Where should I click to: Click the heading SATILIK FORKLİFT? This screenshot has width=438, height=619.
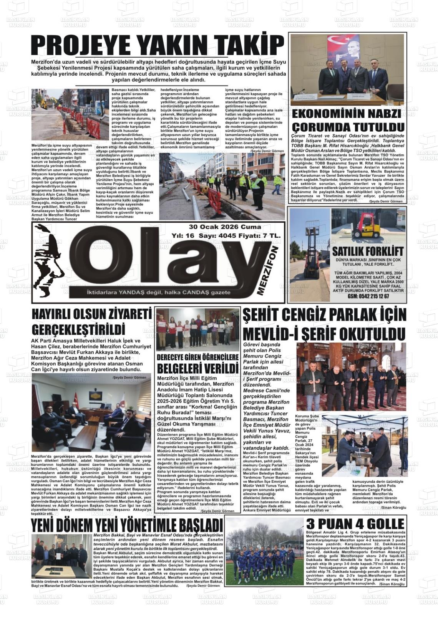tap(367, 252)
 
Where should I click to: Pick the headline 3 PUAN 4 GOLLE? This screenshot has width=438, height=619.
tap(355, 524)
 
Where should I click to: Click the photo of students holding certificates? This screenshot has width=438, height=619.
tap(197, 329)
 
